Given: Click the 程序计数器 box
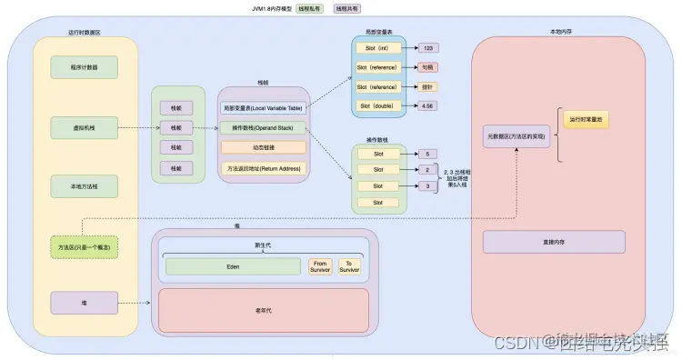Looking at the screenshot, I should pyautogui.click(x=85, y=67).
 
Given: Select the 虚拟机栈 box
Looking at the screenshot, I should pyautogui.click(x=85, y=128).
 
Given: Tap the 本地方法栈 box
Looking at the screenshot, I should pyautogui.click(x=85, y=187).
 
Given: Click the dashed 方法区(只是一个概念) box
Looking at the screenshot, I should pyautogui.click(x=85, y=246).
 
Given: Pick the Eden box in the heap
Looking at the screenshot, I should pyautogui.click(x=233, y=266).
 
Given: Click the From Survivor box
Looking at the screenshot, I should pyautogui.click(x=319, y=266).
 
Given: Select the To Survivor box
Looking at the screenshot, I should pyautogui.click(x=350, y=266).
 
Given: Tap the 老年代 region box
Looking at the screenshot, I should pyautogui.click(x=264, y=309).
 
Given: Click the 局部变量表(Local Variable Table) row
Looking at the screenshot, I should pyautogui.click(x=264, y=108).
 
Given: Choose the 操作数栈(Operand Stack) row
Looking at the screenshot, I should pyautogui.click(x=264, y=128).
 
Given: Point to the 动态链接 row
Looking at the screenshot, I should pyautogui.click(x=264, y=147).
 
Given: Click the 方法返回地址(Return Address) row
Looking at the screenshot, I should pyautogui.click(x=264, y=168).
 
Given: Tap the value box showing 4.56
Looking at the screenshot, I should pyautogui.click(x=430, y=106).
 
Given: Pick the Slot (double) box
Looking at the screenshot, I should pyautogui.click(x=379, y=106).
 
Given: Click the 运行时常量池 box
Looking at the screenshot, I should pyautogui.click(x=586, y=120).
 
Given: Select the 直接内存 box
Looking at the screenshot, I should pyautogui.click(x=554, y=242).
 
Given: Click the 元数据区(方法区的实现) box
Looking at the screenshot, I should pyautogui.click(x=516, y=136).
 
